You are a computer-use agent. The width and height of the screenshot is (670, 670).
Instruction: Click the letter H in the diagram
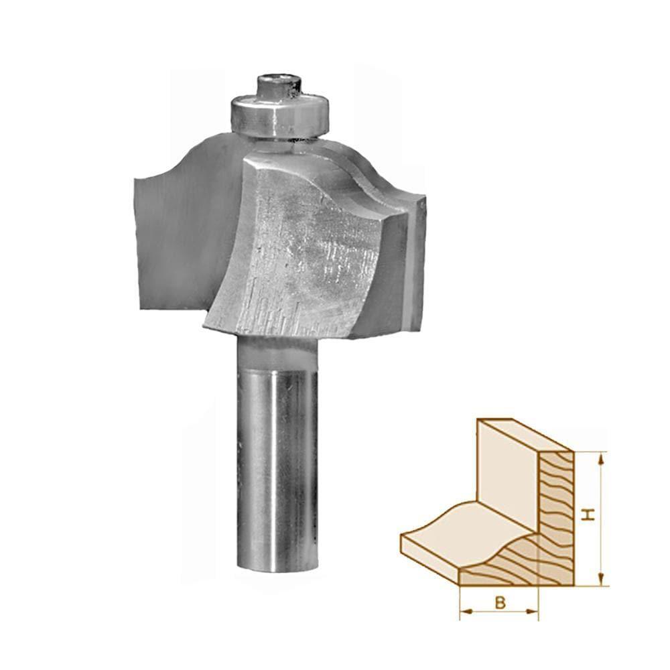coord(588,515)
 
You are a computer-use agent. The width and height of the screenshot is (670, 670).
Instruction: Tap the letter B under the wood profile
coord(500,602)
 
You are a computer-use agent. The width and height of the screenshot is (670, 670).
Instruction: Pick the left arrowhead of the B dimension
coord(464,610)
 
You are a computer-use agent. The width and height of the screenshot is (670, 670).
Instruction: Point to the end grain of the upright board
coord(557,509)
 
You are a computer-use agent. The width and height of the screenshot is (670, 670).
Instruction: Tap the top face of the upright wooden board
coord(523,435)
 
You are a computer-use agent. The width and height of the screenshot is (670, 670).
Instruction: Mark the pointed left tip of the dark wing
coord(135,179)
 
